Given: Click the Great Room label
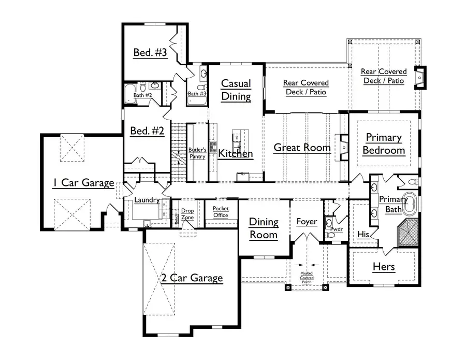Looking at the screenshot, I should [302, 148].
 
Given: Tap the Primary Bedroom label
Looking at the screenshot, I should [383, 144].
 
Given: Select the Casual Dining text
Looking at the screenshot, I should [236, 90].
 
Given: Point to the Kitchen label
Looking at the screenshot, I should [235, 153].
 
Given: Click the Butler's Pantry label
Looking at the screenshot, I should [197, 153].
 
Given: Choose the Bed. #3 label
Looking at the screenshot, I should [150, 52].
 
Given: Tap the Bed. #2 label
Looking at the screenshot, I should [147, 131].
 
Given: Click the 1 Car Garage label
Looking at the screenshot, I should [83, 182].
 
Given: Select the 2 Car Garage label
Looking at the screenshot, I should [191, 278].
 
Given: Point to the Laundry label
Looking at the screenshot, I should [147, 200].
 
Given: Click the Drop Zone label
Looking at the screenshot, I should [187, 214].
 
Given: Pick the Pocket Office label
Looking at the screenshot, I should [221, 212].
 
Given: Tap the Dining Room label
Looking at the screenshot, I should [264, 228].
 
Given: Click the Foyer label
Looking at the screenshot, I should [307, 222].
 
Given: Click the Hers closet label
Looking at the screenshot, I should [384, 267].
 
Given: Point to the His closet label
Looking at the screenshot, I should [363, 234].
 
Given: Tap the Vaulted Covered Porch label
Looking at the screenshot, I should [307, 278].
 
